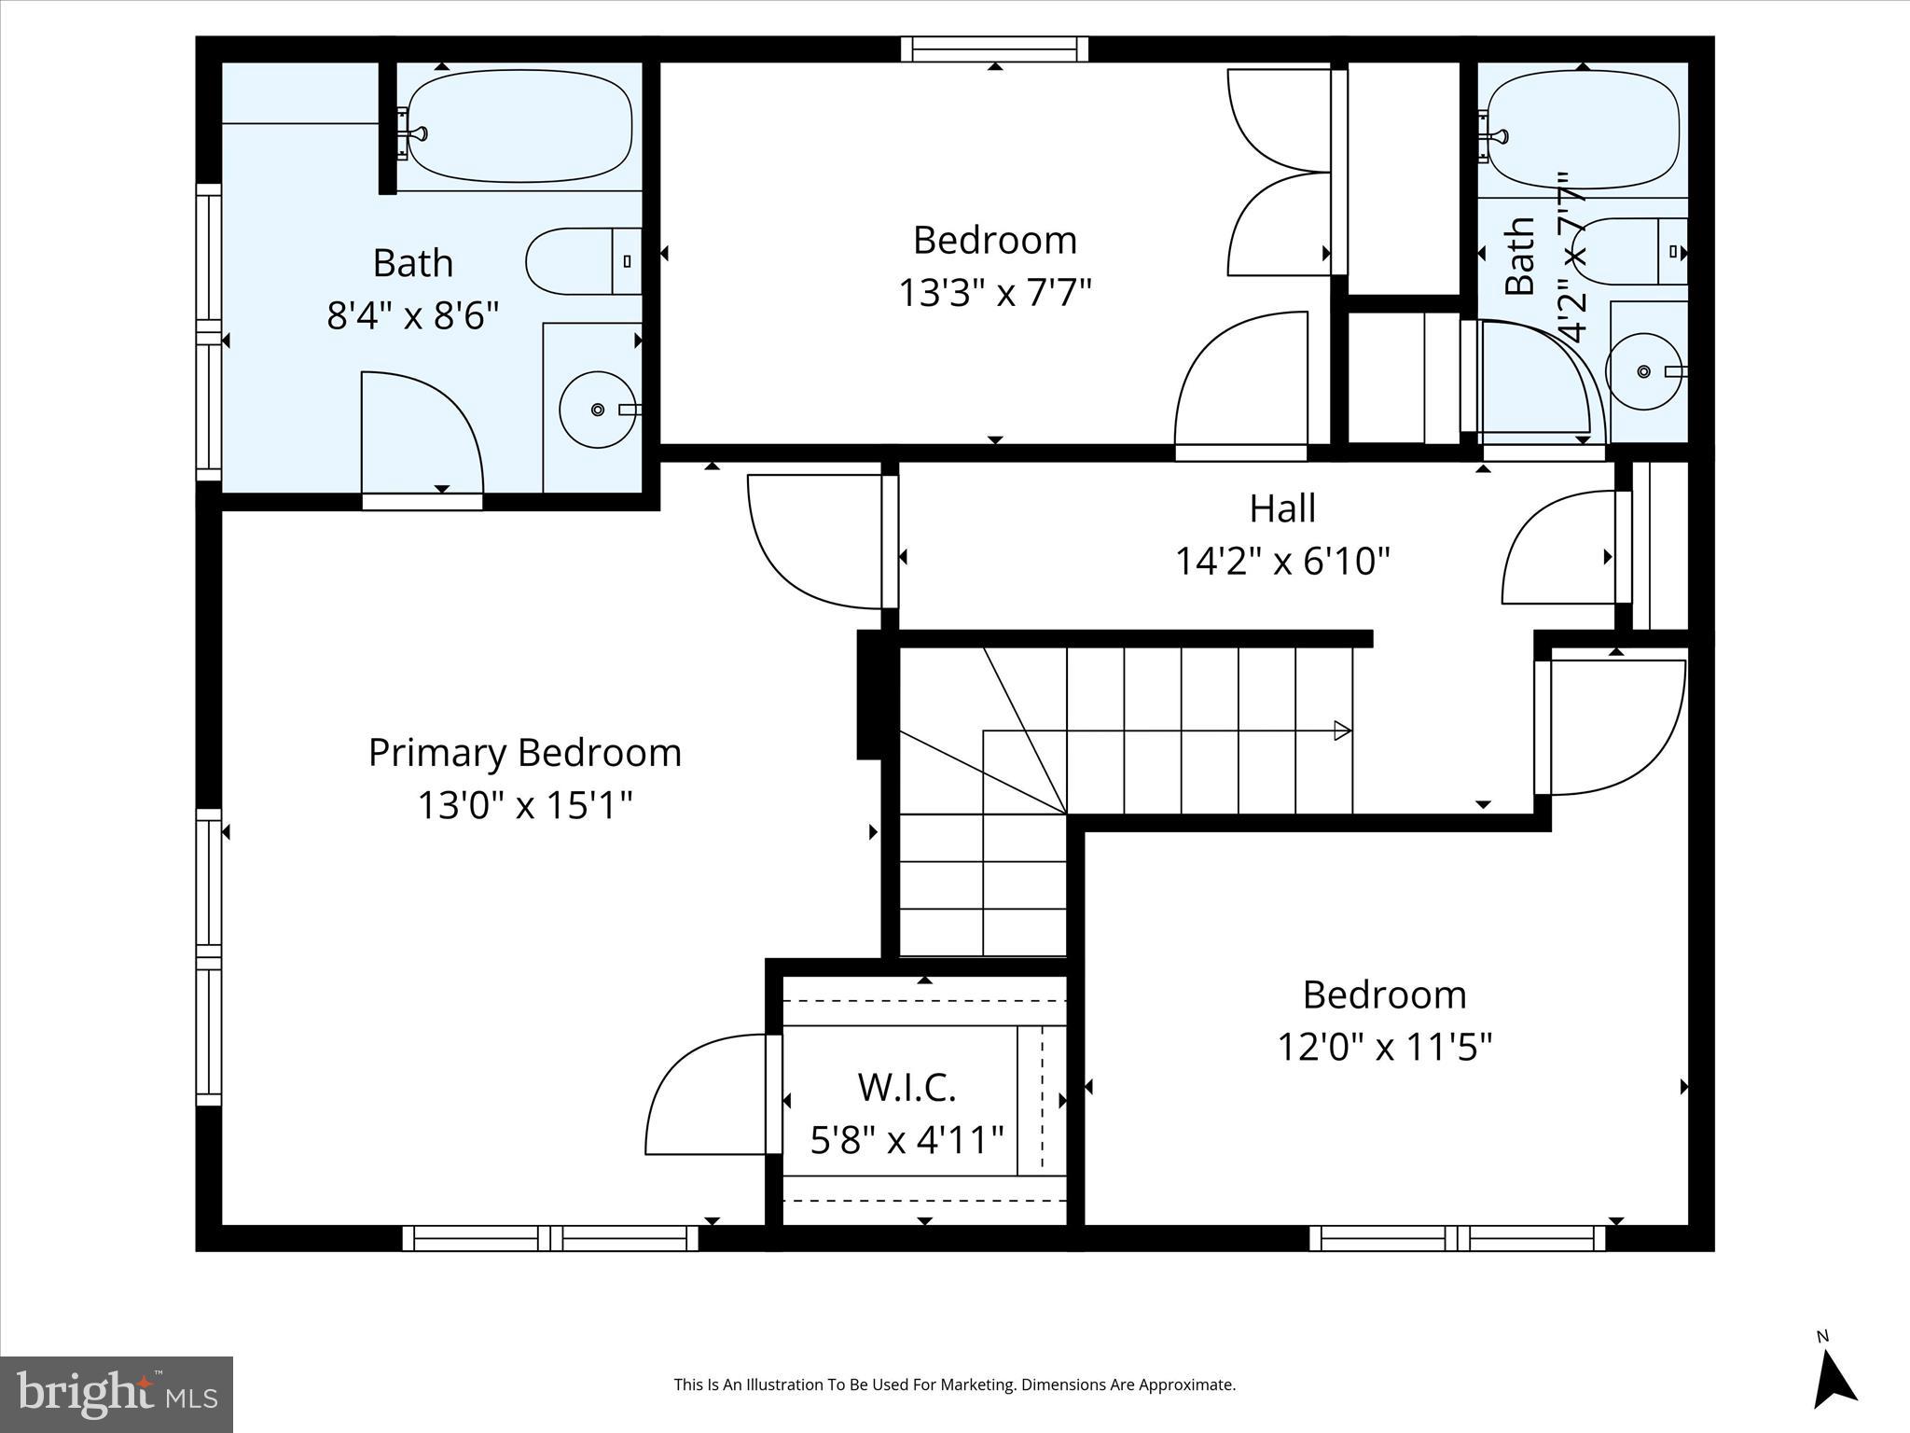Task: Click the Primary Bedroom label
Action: pyautogui.click(x=524, y=753)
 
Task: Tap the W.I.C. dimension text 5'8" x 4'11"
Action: pyautogui.click(x=907, y=1140)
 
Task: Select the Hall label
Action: pyautogui.click(x=1282, y=508)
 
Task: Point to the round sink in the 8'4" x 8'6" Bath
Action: pyautogui.click(x=598, y=409)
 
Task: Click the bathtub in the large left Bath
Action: pyautogui.click(x=519, y=127)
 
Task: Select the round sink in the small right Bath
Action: pyautogui.click(x=1643, y=371)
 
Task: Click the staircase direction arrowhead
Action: pyautogui.click(x=1343, y=730)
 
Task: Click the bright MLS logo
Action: pyautogui.click(x=117, y=1394)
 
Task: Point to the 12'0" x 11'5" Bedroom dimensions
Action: pyautogui.click(x=1384, y=1047)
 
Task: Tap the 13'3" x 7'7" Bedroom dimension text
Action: pyautogui.click(x=994, y=293)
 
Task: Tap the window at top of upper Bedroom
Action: pyautogui.click(x=994, y=49)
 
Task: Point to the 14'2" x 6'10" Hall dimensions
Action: pyautogui.click(x=1282, y=562)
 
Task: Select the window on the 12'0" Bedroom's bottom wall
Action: pyautogui.click(x=1457, y=1238)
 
